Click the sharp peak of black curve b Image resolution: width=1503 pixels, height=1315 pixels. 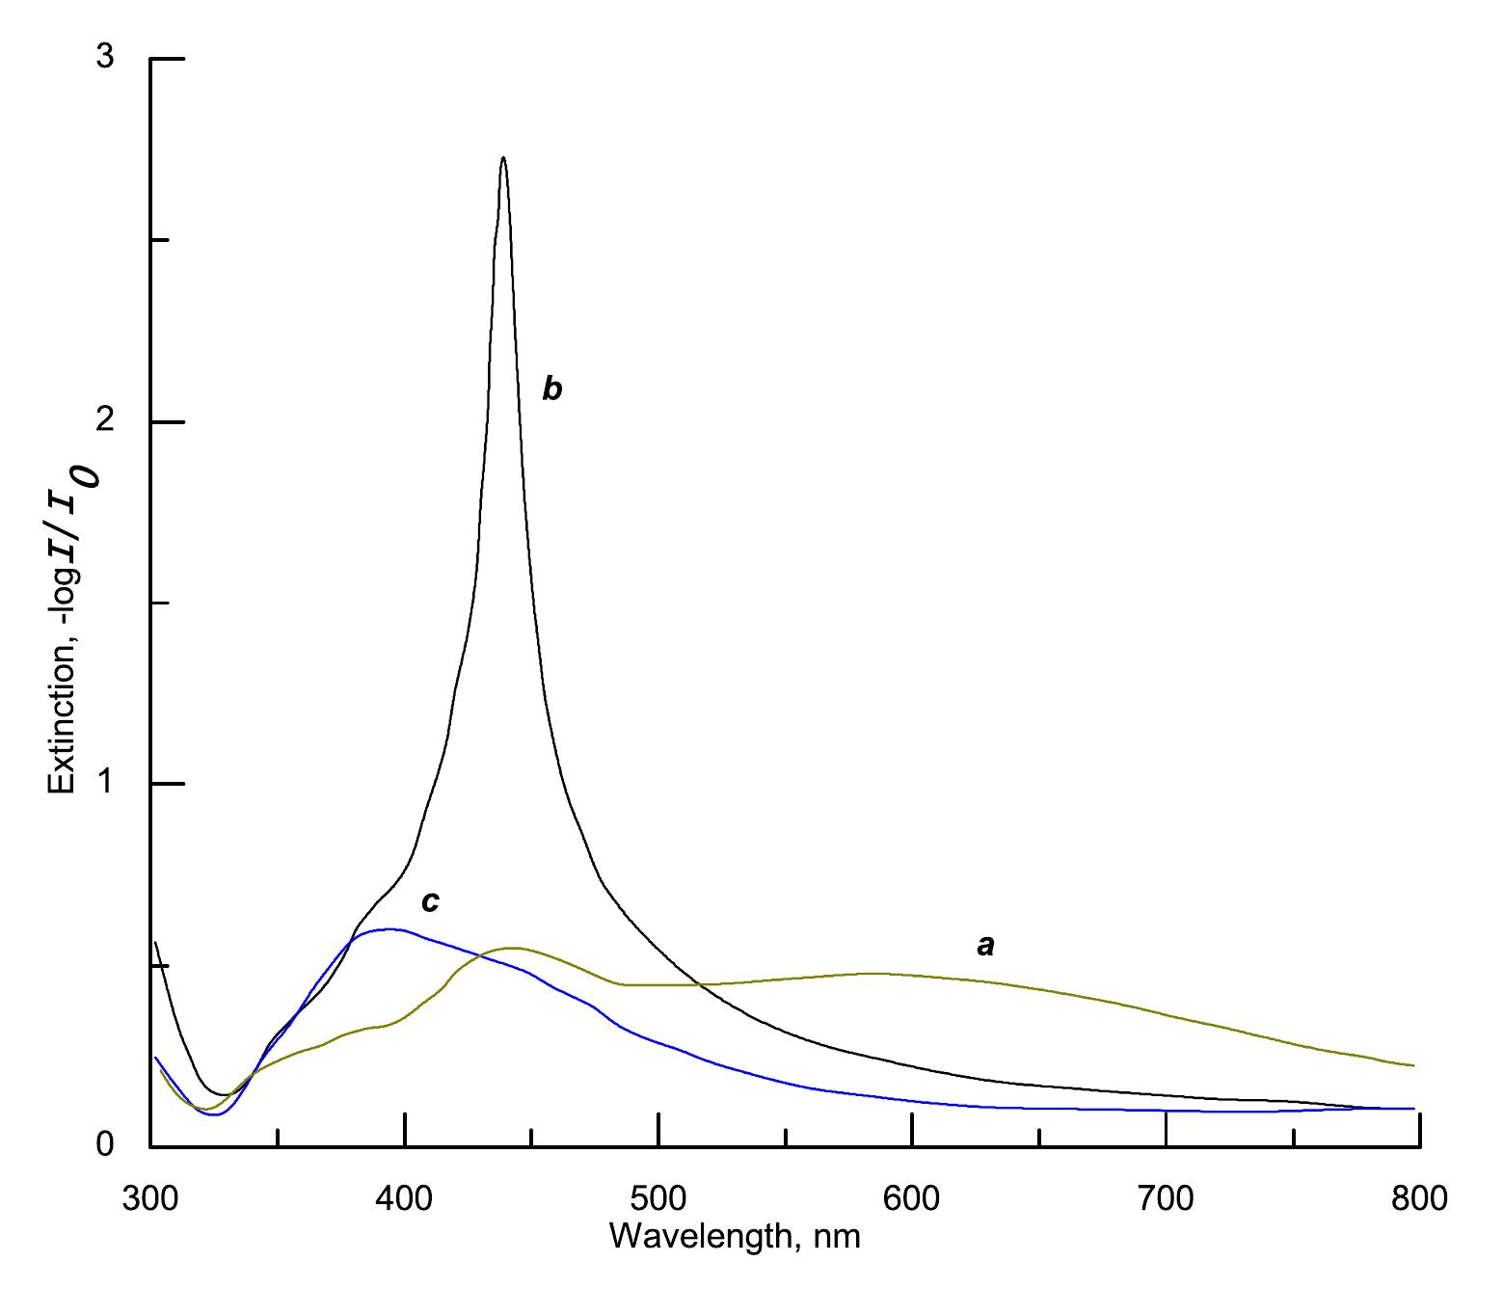click(x=503, y=159)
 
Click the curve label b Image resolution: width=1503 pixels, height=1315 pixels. click(x=551, y=389)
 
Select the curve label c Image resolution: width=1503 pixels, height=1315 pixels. click(x=430, y=902)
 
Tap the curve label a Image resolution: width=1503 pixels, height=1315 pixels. click(x=985, y=947)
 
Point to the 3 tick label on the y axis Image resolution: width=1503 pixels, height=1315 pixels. click(x=105, y=58)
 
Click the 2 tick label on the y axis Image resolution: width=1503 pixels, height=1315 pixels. click(x=105, y=421)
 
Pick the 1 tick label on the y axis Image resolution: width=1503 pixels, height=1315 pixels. click(x=105, y=784)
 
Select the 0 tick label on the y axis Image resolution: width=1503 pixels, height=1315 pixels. click(x=105, y=1145)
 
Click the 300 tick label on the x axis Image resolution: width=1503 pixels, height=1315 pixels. click(x=150, y=1198)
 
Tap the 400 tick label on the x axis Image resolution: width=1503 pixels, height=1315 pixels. click(x=405, y=1198)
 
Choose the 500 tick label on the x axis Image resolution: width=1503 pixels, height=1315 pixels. click(x=658, y=1198)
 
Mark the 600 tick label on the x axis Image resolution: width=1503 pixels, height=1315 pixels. click(x=912, y=1198)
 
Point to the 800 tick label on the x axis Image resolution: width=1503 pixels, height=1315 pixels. click(x=1420, y=1198)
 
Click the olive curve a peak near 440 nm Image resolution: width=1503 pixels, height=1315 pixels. click(x=513, y=948)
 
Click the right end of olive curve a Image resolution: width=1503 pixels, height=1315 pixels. click(x=1413, y=1065)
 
